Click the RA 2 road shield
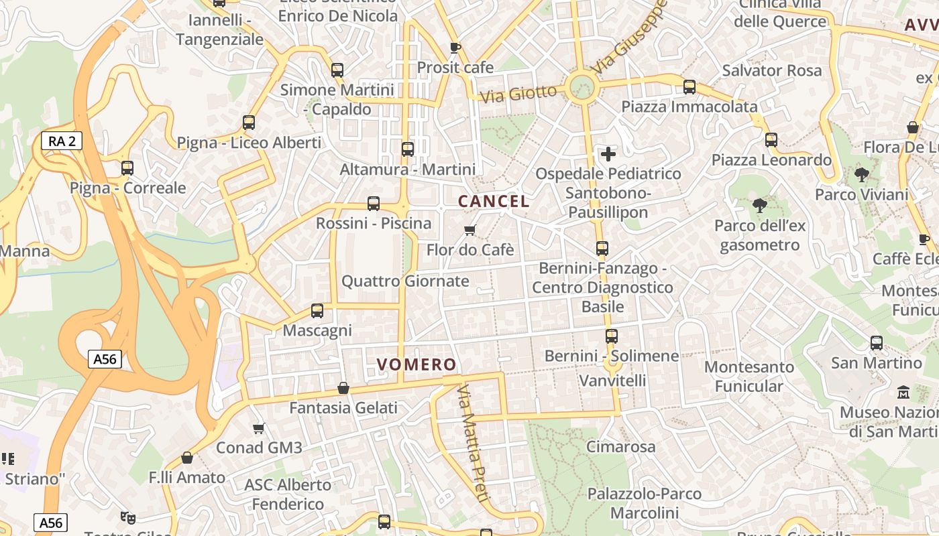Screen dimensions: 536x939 pyautogui.click(x=62, y=141)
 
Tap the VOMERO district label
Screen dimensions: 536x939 pyautogui.click(x=417, y=364)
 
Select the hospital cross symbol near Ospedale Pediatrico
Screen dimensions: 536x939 pyautogui.click(x=608, y=154)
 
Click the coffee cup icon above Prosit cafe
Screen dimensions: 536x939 pyautogui.click(x=455, y=48)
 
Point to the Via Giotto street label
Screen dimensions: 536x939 pyautogui.click(x=519, y=94)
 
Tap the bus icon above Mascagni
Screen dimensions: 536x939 pyautogui.click(x=317, y=311)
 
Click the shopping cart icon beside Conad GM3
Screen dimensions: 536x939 pyautogui.click(x=259, y=428)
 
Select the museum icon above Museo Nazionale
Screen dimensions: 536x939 pyautogui.click(x=903, y=392)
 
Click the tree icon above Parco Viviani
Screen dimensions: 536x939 pyautogui.click(x=862, y=176)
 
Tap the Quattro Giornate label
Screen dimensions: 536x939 pyautogui.click(x=405, y=281)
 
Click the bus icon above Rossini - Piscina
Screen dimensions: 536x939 pyautogui.click(x=374, y=204)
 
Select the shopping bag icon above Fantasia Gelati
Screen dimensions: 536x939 pyautogui.click(x=343, y=388)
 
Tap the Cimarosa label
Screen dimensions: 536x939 pyautogui.click(x=621, y=446)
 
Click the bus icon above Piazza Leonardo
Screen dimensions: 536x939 pyautogui.click(x=771, y=140)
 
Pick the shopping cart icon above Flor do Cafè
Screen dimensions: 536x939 pyautogui.click(x=470, y=230)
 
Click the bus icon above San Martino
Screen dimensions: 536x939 pyautogui.click(x=877, y=343)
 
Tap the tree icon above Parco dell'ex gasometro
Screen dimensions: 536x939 pyautogui.click(x=760, y=206)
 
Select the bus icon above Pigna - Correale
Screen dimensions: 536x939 pyautogui.click(x=127, y=168)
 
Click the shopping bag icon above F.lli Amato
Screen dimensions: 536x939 pyautogui.click(x=187, y=458)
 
